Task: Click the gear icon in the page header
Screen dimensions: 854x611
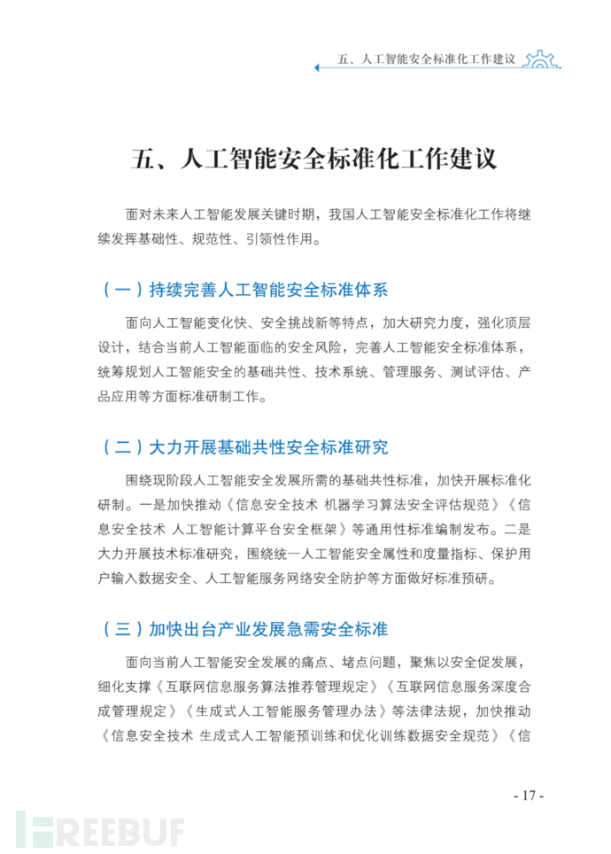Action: click(x=541, y=59)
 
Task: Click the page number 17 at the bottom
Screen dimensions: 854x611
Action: click(x=528, y=795)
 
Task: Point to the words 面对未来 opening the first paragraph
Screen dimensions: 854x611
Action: click(x=151, y=214)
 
